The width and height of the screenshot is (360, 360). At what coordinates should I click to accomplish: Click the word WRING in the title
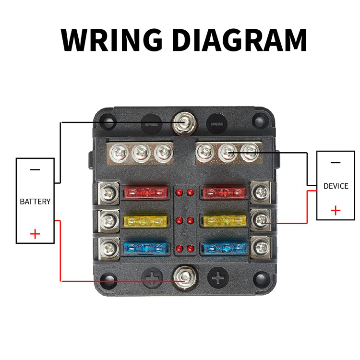coord(111,39)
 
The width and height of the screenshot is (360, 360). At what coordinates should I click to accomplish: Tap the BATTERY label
coord(35,201)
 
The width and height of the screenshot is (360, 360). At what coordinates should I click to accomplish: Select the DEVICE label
coord(336,186)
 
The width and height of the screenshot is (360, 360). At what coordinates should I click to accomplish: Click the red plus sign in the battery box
coord(35,234)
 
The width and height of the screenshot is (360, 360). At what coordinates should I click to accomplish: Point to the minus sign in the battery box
coord(35,169)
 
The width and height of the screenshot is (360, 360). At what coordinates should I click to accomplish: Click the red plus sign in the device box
coord(336,210)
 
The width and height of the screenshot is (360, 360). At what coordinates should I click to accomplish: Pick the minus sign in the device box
coord(336,163)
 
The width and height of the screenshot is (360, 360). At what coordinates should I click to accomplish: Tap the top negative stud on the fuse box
coord(185,123)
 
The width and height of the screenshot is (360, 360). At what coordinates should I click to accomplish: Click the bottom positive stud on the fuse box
coord(185,278)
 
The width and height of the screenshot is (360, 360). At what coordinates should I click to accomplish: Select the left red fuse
coord(146,192)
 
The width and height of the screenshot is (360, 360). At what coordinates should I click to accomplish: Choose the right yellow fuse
coord(225,221)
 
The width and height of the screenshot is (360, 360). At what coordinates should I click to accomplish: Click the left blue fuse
coord(146,249)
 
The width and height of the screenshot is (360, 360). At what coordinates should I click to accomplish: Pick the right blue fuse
coord(225,249)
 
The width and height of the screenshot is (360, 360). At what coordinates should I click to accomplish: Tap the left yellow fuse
coord(146,221)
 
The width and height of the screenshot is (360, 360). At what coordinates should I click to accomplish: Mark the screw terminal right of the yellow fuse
coord(260,220)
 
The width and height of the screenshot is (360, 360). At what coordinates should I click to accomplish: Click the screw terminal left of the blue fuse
coord(109,249)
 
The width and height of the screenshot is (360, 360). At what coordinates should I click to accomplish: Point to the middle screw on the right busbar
coord(228,152)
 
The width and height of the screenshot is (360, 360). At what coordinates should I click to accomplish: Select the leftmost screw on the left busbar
coord(119,153)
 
